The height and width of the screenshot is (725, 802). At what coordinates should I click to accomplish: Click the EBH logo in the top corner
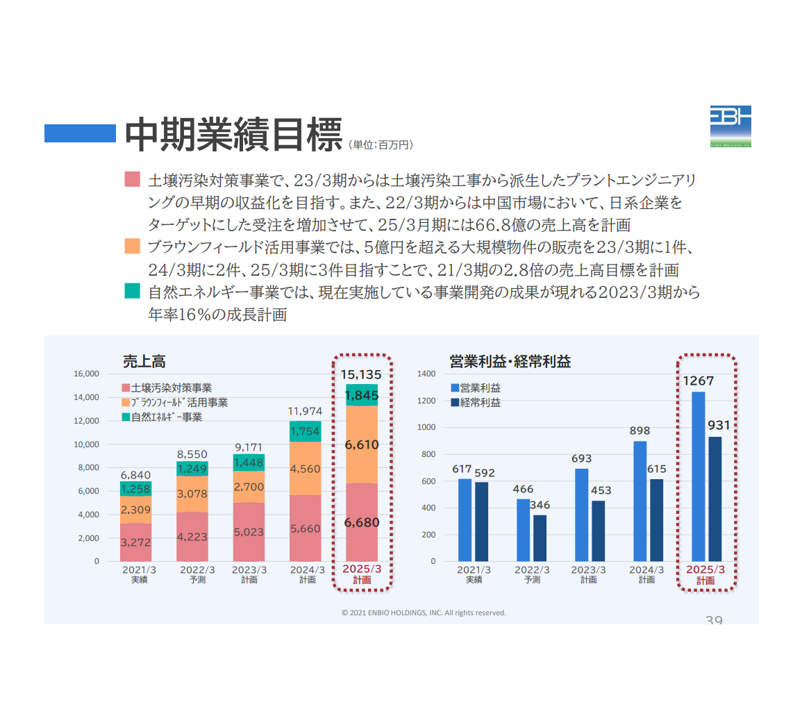pos(730,126)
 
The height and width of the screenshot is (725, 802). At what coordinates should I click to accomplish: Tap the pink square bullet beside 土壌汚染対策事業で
pos(132,179)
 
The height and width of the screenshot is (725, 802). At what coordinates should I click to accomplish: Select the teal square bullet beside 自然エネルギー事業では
pos(132,291)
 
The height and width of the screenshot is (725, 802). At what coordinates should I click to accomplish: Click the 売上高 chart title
pos(144,362)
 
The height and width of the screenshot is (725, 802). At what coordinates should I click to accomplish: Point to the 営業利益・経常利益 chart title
pos(510,362)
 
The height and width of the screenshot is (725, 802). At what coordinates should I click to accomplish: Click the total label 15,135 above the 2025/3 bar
pos(361,374)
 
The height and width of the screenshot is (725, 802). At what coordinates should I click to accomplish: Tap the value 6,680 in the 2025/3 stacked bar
pos(362,522)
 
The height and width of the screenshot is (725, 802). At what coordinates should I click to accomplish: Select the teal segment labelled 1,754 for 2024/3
pos(305,431)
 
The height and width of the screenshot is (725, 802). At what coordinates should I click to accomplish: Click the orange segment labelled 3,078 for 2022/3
pos(192,494)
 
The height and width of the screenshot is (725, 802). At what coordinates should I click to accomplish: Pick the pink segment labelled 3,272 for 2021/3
pos(135,542)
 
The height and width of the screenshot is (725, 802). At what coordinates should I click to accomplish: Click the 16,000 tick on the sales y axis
pos(87,374)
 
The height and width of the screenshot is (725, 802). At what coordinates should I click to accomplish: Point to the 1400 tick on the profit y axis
pos(426,374)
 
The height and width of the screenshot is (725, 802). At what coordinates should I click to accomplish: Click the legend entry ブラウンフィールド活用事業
pos(180,403)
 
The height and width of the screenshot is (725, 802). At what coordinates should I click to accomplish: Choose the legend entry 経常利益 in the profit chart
pos(480,402)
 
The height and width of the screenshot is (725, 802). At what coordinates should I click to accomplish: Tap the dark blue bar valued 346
pos(540,537)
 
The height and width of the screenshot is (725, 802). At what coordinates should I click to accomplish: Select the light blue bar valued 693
pos(581,515)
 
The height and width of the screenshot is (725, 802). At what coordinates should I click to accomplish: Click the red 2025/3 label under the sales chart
pos(362,569)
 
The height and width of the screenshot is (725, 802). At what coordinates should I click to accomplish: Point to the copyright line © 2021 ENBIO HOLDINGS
pos(424,612)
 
